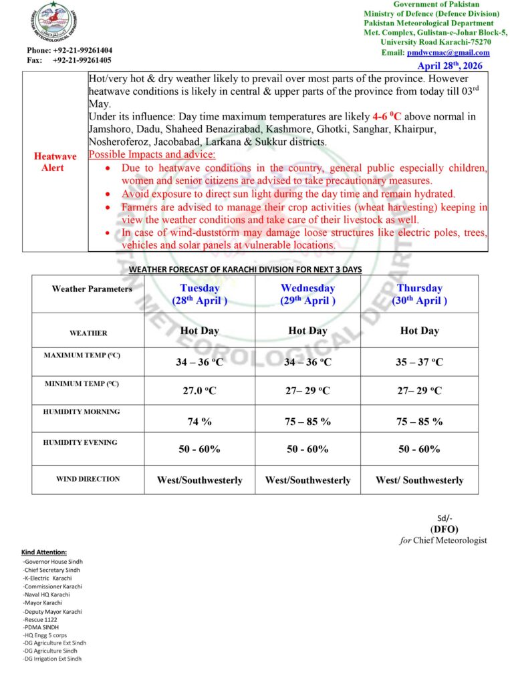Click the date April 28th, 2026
coord(449,65)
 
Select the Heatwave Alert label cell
coord(55,162)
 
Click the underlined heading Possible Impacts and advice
coord(152,154)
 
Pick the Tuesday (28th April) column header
coord(200,294)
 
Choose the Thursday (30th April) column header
coord(420,294)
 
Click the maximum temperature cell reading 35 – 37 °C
coord(419,362)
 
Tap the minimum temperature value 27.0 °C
coord(199,391)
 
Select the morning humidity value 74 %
coord(199,421)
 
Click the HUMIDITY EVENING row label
coord(80,442)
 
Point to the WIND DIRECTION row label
coord(88,479)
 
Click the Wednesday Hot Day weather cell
coord(307,331)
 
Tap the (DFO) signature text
coord(444,529)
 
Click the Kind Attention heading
coord(44,552)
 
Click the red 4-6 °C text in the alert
coord(386,116)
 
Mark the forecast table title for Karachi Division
coord(245,269)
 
